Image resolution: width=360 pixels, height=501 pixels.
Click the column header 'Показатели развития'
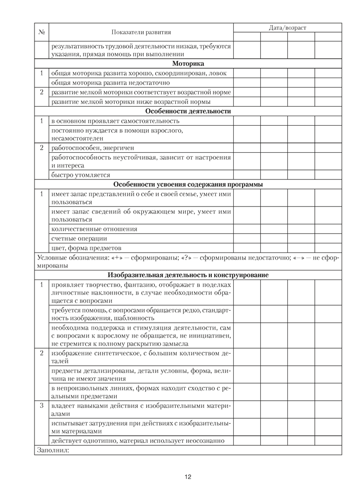141,32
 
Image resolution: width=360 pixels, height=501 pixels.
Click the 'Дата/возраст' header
287,28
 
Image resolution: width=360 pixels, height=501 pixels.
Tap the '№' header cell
42,32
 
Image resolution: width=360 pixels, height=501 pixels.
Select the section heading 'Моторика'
188,64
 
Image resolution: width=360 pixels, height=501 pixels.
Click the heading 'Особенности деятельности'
188,111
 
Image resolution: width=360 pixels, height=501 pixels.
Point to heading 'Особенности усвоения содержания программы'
188,184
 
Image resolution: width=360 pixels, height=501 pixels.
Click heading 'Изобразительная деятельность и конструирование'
188,275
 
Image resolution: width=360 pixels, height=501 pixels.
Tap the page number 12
188,476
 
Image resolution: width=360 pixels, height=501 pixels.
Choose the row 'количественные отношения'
94,229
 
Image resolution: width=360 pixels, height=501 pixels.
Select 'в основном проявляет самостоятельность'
115,121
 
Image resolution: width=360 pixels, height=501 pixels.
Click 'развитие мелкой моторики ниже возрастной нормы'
127,102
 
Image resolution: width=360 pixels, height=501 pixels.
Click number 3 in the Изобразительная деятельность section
42,405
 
